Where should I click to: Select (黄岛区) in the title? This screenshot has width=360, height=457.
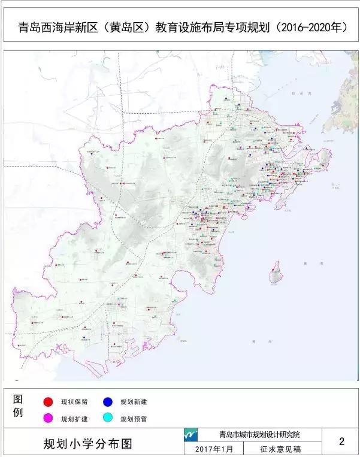pos(125,28)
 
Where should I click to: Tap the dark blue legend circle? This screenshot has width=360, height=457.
pos(108,401)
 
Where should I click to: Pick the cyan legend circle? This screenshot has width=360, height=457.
pos(108,418)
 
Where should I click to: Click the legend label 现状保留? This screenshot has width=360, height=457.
pos(75,401)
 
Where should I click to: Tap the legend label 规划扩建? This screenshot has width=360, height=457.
pos(75,418)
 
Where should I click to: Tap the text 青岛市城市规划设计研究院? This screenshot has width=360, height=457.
pos(259,435)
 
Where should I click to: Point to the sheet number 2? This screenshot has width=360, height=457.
pos(341,442)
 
